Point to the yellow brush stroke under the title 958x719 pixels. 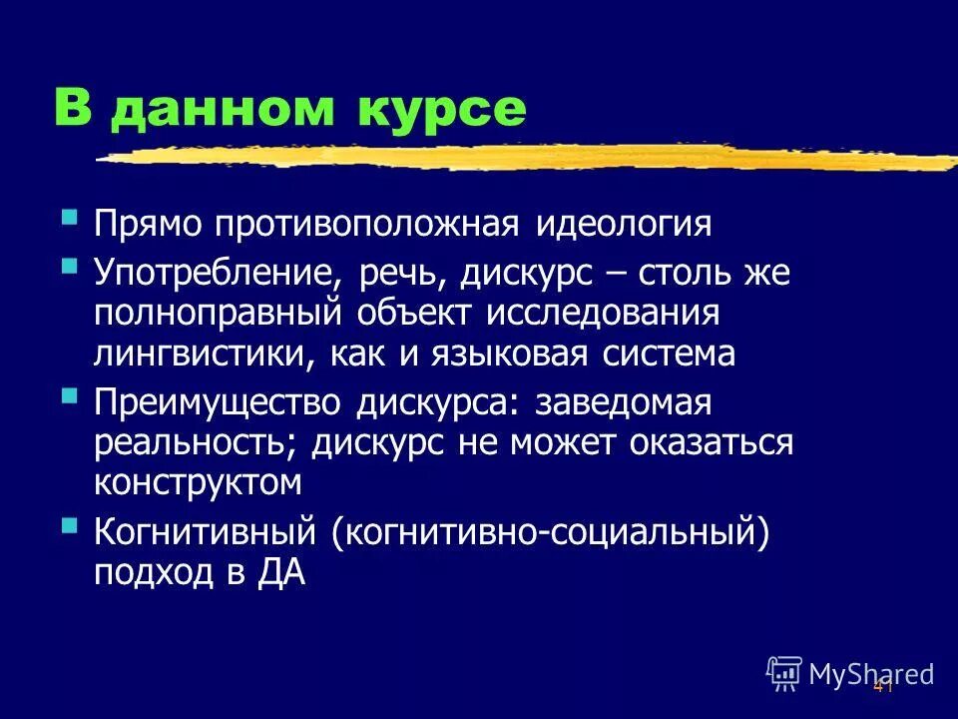(x=519, y=158)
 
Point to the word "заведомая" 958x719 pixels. (x=623, y=403)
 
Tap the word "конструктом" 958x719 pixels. (x=198, y=483)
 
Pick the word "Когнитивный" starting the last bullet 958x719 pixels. (x=206, y=533)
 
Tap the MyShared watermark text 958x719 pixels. (x=870, y=674)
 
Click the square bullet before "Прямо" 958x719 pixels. (x=69, y=217)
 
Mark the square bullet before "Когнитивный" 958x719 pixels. (x=69, y=525)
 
